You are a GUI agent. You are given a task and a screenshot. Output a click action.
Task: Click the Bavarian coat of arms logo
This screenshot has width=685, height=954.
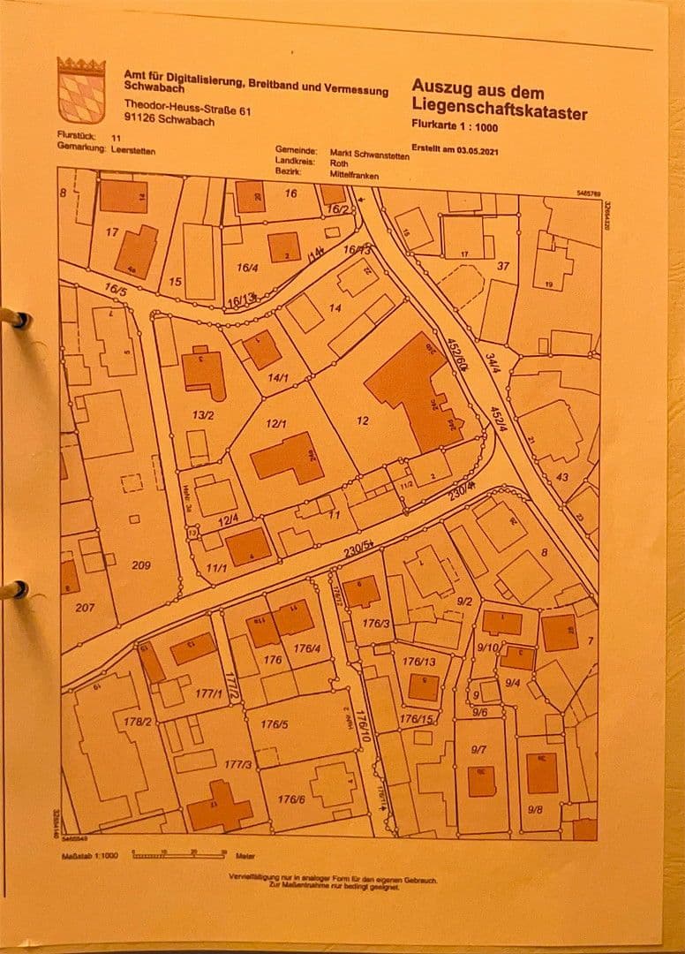tap(81, 90)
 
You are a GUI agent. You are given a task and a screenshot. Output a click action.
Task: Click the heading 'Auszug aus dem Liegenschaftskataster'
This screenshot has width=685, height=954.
tap(498, 99)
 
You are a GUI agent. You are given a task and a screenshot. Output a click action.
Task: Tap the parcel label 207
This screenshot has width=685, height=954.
tap(85, 608)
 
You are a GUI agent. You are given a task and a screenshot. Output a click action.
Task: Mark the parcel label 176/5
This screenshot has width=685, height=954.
tap(275, 724)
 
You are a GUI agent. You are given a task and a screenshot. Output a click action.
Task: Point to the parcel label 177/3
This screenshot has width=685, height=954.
tap(237, 764)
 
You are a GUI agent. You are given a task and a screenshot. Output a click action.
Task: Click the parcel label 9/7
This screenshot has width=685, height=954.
tap(479, 749)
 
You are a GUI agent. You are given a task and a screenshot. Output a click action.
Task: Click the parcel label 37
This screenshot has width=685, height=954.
tap(503, 266)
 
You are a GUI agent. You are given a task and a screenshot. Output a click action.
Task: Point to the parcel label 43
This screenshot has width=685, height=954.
tap(561, 478)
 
